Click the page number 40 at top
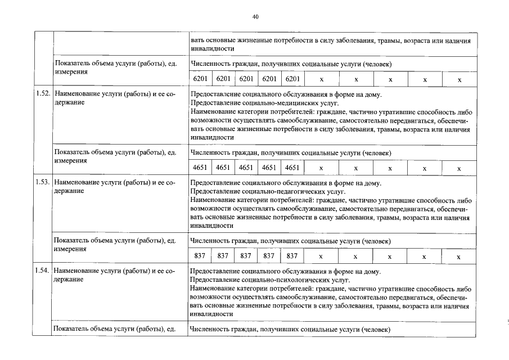pos(255,17)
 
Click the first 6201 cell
pos(200,80)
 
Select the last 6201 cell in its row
pos(292,80)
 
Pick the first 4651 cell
pos(200,168)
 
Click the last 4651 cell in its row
pos(292,168)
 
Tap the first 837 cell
pos(200,256)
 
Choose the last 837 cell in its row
pos(292,256)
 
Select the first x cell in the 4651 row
pos(321,168)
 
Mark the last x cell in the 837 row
pos(459,256)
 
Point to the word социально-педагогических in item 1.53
pos(280,191)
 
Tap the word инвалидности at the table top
pos(212,49)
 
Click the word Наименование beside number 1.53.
pos(79,183)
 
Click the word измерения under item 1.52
pos(70,160)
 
